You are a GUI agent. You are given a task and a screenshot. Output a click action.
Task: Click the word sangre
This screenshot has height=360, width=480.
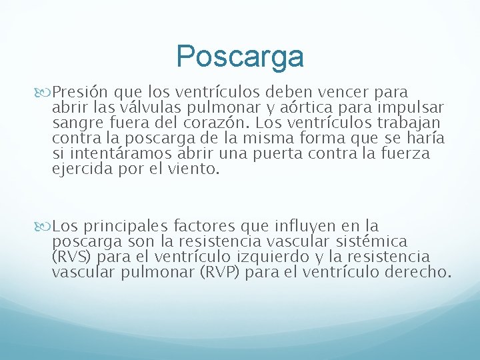[75, 123]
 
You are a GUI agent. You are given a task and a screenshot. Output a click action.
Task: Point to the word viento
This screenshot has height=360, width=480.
[195, 169]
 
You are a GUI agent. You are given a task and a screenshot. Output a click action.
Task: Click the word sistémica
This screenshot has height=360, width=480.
[374, 241]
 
